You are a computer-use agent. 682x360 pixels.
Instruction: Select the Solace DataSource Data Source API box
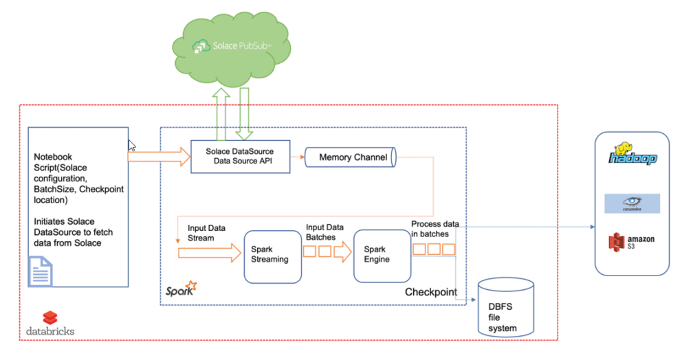coord(240,156)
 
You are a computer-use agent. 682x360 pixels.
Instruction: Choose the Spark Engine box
coord(382,255)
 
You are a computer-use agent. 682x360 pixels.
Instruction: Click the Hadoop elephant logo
coord(632,155)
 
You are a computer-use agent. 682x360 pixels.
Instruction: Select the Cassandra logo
coord(632,203)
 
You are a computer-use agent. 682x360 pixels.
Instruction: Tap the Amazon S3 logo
coord(631,243)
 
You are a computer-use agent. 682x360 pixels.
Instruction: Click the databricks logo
coord(50,323)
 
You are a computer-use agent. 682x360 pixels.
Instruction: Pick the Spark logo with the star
coord(181,289)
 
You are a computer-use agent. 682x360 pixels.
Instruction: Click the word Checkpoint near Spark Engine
coord(430,292)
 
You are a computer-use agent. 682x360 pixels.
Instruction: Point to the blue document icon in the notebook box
coord(40,271)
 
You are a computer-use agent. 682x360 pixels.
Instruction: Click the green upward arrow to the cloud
coord(222,114)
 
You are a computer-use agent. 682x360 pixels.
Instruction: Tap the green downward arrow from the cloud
coord(245,114)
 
